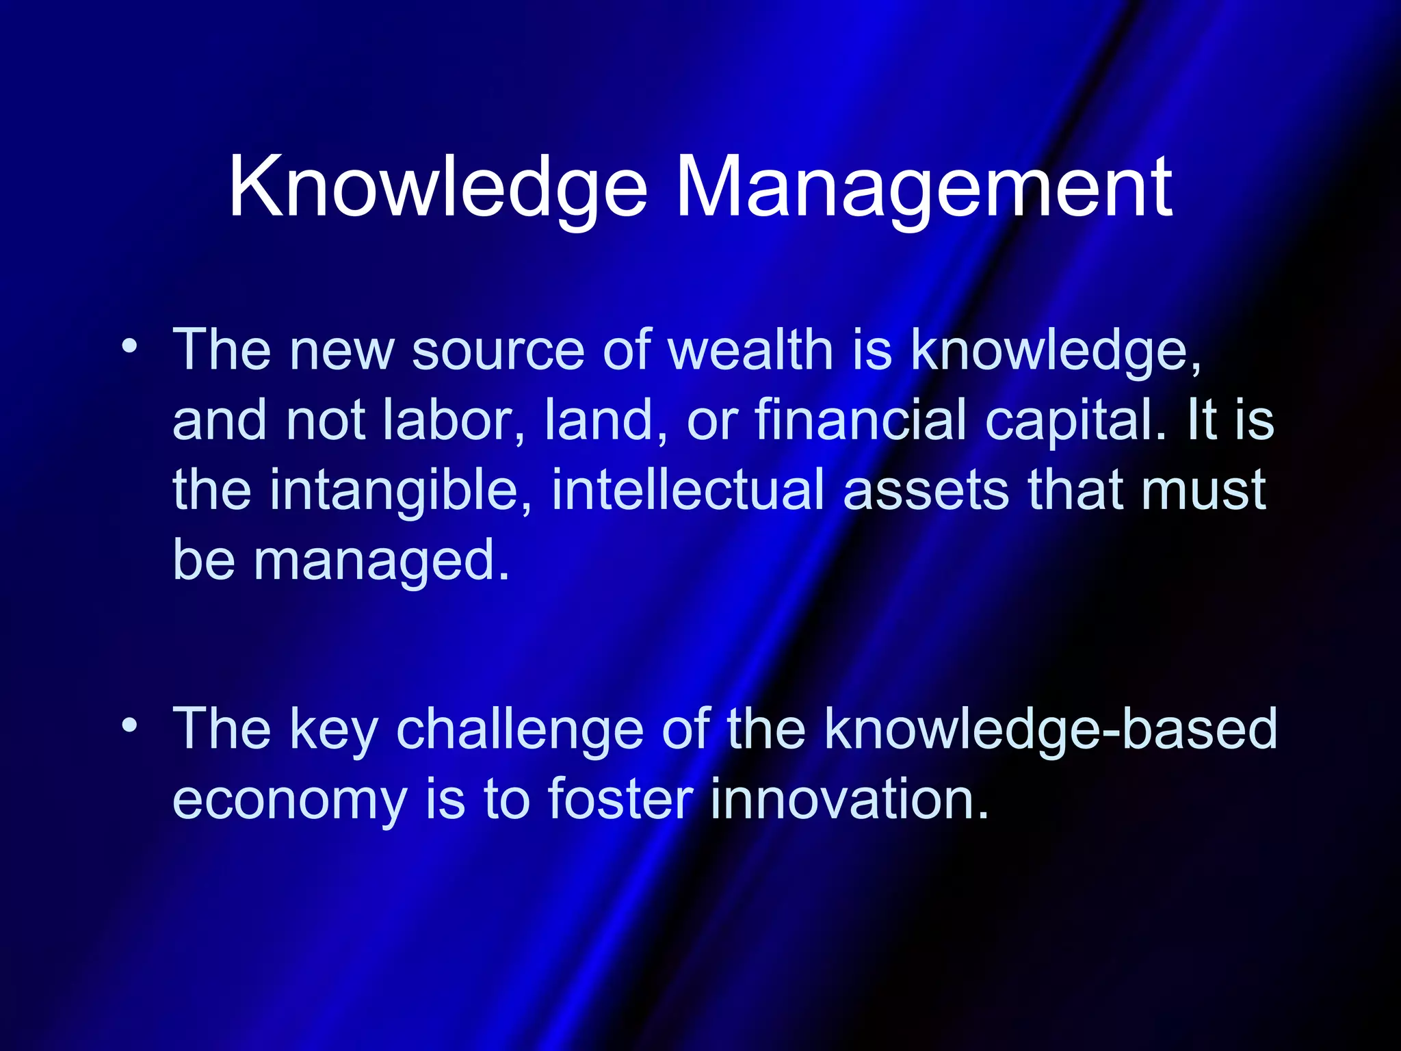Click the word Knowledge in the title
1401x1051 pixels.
(x=438, y=188)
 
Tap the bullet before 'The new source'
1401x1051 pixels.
(x=129, y=345)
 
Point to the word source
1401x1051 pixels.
(x=498, y=351)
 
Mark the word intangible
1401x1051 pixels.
(x=401, y=491)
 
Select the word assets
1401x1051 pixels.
(x=926, y=491)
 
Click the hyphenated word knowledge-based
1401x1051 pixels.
(x=1050, y=730)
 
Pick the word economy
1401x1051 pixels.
(x=289, y=801)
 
